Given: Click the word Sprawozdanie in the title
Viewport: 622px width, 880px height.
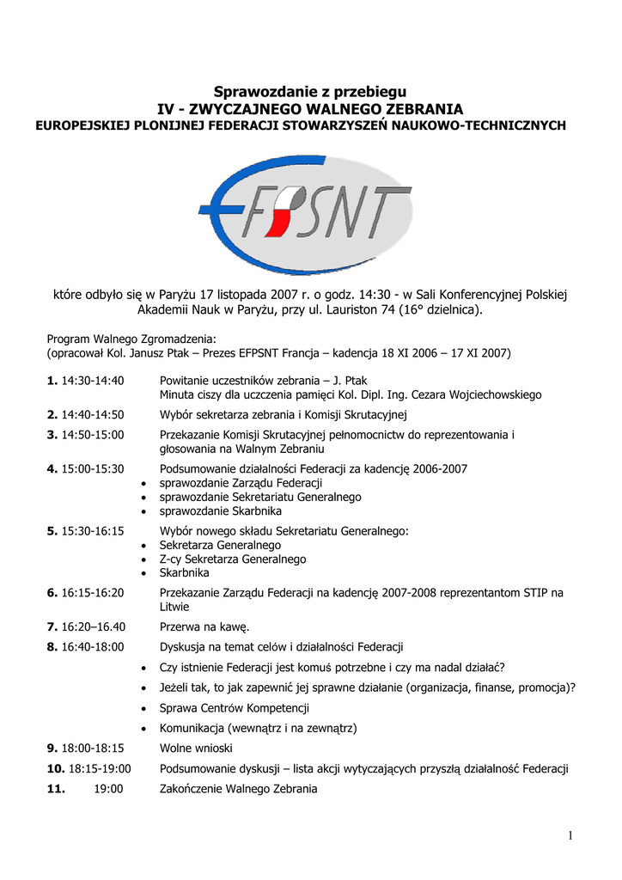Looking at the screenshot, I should pyautogui.click(x=256, y=92).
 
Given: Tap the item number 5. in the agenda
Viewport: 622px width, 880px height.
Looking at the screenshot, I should pyautogui.click(x=52, y=531).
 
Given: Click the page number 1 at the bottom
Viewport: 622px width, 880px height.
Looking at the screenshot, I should pyautogui.click(x=570, y=835).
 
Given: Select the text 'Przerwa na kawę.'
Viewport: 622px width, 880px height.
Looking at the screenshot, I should pyautogui.click(x=204, y=626).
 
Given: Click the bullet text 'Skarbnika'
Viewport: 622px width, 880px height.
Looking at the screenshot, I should pyautogui.click(x=185, y=572).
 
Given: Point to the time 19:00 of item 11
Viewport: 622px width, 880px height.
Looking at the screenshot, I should pyautogui.click(x=108, y=789).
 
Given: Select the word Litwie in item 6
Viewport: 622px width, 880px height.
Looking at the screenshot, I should pyautogui.click(x=175, y=607).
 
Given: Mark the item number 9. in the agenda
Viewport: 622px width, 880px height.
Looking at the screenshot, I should pyautogui.click(x=52, y=748).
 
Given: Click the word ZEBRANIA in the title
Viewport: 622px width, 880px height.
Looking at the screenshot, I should pyautogui.click(x=424, y=109).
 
